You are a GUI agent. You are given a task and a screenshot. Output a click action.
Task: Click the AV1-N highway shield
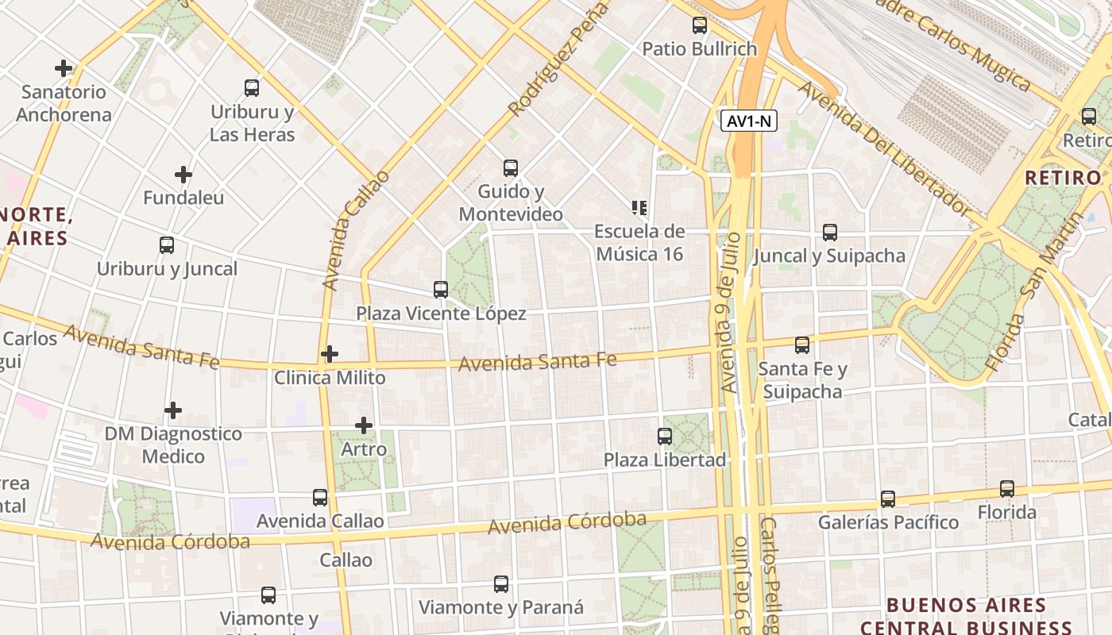[x=749, y=121]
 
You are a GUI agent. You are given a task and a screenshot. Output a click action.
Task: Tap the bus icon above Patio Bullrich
[x=699, y=25]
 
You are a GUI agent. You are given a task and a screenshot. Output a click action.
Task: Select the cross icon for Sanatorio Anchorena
[x=64, y=68]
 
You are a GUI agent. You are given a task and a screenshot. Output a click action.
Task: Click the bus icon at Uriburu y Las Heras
[x=252, y=88]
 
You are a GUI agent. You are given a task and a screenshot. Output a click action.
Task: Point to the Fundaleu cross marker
[x=183, y=174]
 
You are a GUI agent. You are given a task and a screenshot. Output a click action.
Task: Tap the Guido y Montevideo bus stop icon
[x=511, y=168]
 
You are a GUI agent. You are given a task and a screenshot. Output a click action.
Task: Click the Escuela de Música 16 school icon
[x=639, y=209]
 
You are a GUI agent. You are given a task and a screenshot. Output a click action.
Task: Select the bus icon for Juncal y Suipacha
[x=830, y=233]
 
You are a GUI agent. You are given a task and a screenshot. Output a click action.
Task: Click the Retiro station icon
[x=1089, y=117]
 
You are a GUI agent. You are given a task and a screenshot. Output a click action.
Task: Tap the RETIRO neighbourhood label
[x=1063, y=178]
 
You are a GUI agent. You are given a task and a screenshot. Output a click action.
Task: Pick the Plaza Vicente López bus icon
[x=441, y=290]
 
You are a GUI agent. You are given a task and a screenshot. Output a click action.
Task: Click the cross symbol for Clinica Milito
[x=330, y=354]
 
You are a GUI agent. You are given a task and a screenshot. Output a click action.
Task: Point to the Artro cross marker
[x=364, y=425]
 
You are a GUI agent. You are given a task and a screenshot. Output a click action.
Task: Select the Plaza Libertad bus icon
[x=665, y=437]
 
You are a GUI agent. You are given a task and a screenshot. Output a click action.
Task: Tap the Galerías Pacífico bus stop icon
[x=888, y=499]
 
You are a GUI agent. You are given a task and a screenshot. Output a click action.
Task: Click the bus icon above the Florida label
[x=1007, y=489]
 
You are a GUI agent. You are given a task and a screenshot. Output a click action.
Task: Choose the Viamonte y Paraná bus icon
[x=501, y=584]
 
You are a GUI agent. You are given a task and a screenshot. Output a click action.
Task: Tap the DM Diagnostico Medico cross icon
[x=173, y=410]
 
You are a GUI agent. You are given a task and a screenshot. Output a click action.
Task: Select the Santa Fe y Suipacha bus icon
[x=802, y=345]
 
